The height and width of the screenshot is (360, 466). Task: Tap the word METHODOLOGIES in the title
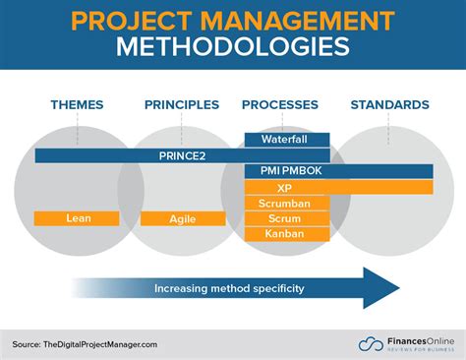click(233, 48)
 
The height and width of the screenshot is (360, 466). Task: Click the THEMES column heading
click(78, 104)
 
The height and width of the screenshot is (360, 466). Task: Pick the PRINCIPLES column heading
click(182, 104)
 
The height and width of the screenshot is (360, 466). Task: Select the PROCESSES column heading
click(279, 104)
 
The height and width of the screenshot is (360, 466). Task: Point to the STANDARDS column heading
click(390, 104)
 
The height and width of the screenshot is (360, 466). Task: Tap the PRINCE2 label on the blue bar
click(182, 155)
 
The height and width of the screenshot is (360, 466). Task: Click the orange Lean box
click(77, 218)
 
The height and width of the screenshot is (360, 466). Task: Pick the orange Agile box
click(182, 218)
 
